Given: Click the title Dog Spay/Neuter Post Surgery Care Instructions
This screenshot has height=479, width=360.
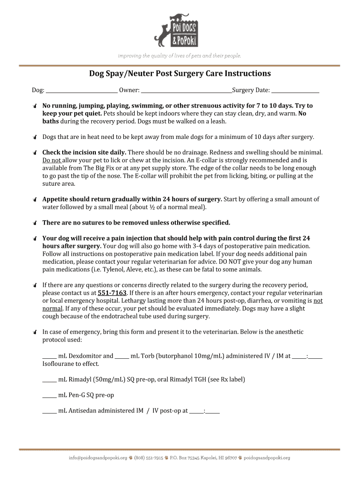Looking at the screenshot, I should point(180,74).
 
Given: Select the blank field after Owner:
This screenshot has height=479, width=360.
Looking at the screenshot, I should point(186,90).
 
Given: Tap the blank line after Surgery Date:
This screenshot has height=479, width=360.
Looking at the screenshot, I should point(295,90).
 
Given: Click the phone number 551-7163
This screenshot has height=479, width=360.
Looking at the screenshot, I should point(112,293).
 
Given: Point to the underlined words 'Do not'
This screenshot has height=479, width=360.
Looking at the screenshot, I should point(51,160).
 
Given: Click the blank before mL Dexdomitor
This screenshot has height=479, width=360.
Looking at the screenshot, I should point(50,356).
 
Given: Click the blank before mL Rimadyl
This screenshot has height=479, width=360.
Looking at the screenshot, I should point(50,380).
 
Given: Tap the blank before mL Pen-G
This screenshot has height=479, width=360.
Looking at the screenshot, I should point(50,395).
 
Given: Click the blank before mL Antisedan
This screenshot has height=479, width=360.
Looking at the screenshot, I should point(50,411).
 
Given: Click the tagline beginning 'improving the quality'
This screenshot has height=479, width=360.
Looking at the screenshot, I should point(180,56).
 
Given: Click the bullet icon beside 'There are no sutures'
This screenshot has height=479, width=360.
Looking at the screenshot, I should point(35,223).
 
